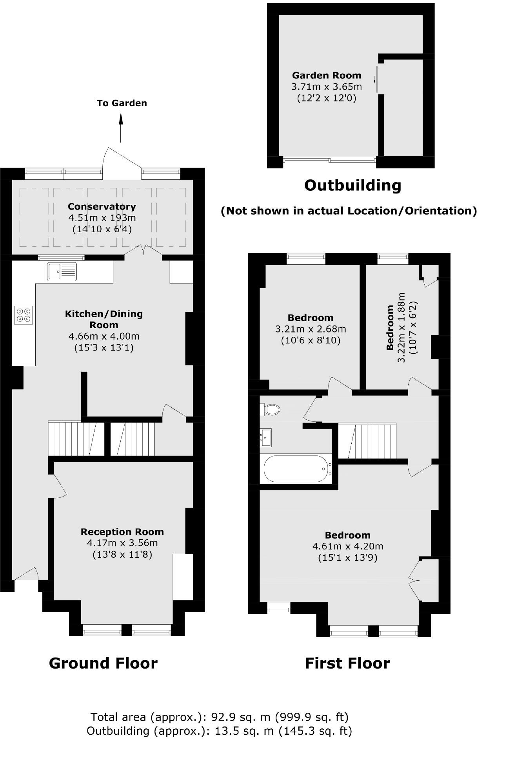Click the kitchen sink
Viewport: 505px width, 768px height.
coord(62,271)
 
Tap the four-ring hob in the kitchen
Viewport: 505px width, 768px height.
coord(24,315)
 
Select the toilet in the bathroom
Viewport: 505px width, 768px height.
coord(270,410)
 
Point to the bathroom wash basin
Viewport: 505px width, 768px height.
coord(267,437)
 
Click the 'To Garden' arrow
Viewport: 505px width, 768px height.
coord(121,127)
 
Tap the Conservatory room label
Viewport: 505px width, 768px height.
coord(102,207)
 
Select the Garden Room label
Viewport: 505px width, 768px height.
coord(327,76)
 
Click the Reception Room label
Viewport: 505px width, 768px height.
coord(122,532)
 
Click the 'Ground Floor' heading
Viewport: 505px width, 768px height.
coord(103,663)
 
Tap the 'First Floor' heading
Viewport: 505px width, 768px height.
coord(347,663)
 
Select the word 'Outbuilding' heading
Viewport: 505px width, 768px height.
coord(352,185)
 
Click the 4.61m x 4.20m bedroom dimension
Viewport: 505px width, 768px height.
coord(348,546)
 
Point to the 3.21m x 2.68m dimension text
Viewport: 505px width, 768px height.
coord(311,329)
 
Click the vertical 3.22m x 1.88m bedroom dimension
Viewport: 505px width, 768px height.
coord(401,328)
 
